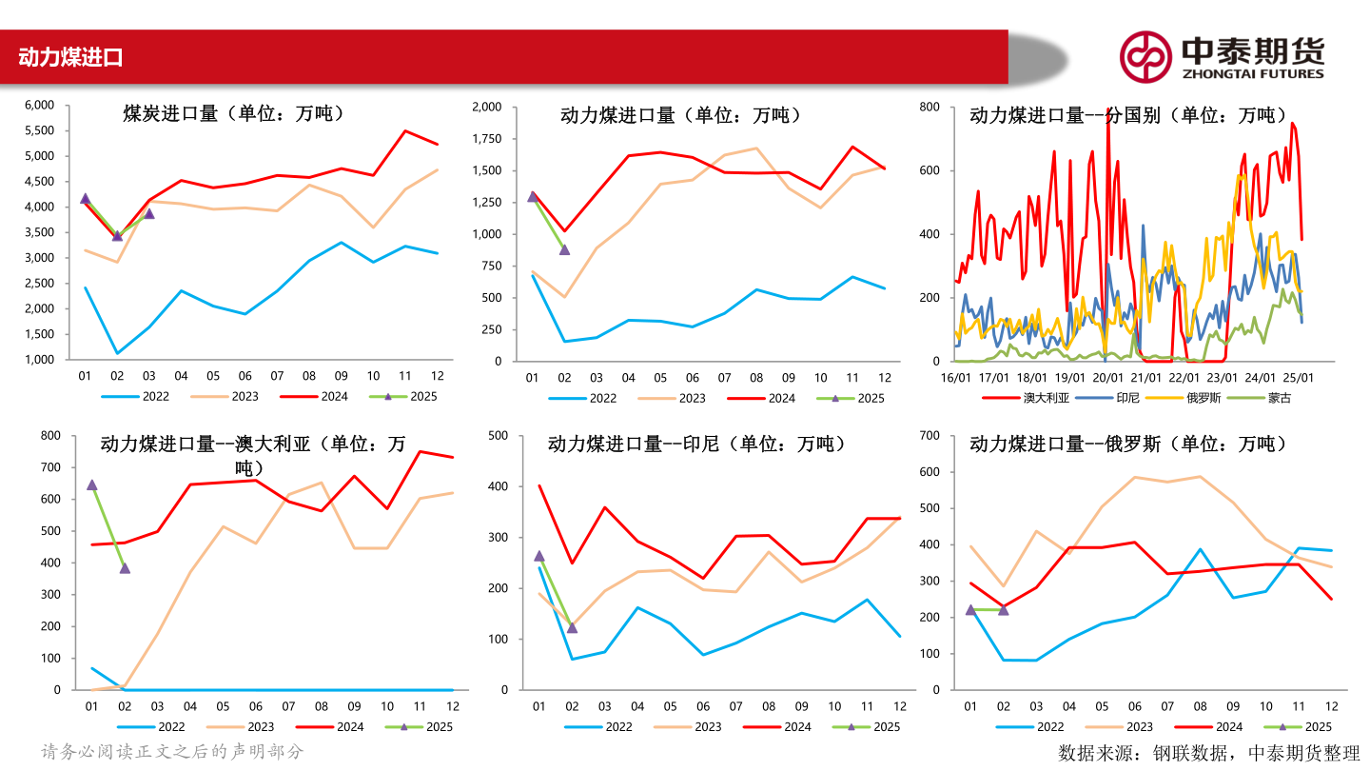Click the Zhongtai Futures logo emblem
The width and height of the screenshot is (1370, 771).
point(1145,56)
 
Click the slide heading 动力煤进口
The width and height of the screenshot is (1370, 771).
point(70,58)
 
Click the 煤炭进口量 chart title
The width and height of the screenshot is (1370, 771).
point(233,113)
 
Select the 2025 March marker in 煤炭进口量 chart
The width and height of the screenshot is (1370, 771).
point(148,214)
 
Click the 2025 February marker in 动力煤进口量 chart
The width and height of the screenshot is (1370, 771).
point(564,249)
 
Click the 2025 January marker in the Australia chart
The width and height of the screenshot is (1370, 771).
point(92,484)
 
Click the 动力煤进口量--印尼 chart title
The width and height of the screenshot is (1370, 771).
point(696,444)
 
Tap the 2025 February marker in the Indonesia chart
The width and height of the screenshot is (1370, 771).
point(572,627)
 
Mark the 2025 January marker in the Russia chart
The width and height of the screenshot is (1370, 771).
point(970,610)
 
